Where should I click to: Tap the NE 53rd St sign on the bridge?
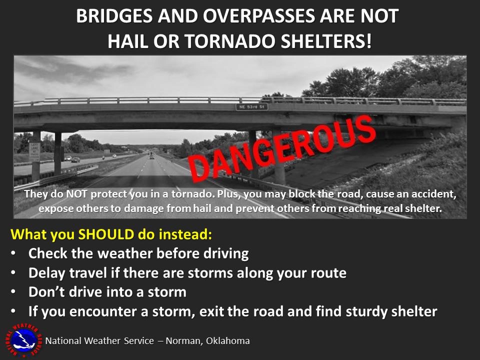coord(252,107)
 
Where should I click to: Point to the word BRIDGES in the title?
coord(114,16)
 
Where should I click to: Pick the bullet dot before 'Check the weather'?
coord(14,254)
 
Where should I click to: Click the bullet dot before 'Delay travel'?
coord(14,273)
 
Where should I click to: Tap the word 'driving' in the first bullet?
coord(224,253)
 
